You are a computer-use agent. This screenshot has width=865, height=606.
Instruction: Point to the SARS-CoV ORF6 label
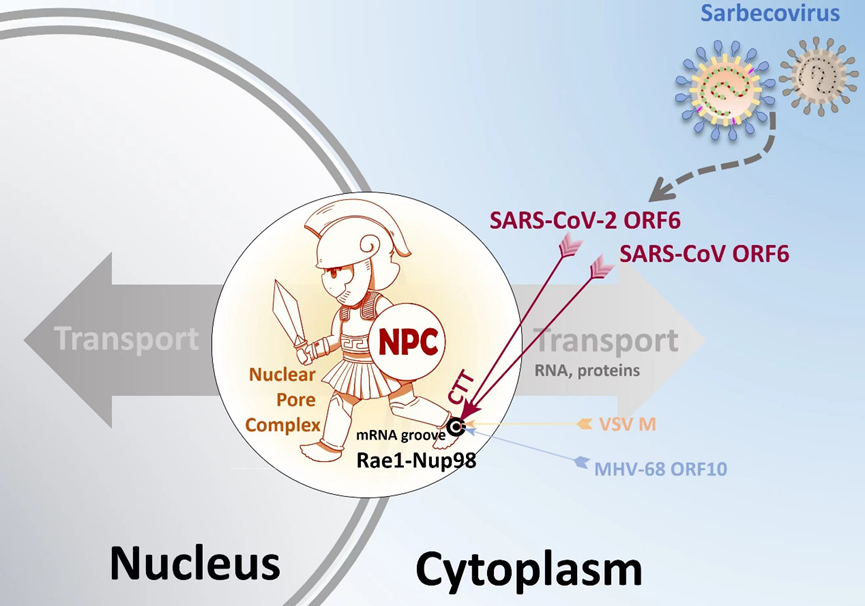click(704, 254)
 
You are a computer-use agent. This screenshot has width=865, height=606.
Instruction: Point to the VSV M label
click(628, 424)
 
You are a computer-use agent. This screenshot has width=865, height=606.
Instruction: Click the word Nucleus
click(195, 562)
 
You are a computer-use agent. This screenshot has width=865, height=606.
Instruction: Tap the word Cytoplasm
click(529, 568)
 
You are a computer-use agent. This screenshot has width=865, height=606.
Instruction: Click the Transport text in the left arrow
click(127, 339)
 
